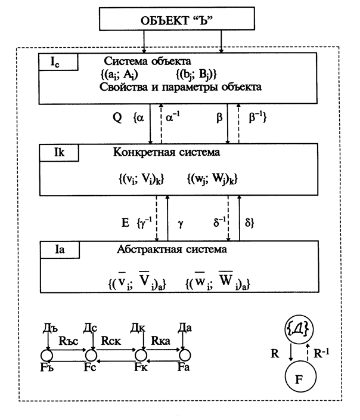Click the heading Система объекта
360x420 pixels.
pos(147,61)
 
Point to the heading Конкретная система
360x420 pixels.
pos(166,152)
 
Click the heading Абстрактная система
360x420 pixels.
pos(172,249)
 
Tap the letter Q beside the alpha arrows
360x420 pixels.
pos(117,118)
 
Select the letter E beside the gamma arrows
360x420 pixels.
pos(125,223)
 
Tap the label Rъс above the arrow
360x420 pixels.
pos(69,341)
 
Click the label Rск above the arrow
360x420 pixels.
pos(111,341)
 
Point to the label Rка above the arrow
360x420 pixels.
pos(161,341)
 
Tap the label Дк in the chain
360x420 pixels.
pos(138,328)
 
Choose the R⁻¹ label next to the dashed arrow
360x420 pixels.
pos(321,353)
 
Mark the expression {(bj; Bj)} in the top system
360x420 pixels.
pos(196,74)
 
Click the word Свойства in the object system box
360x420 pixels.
pos(123,87)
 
